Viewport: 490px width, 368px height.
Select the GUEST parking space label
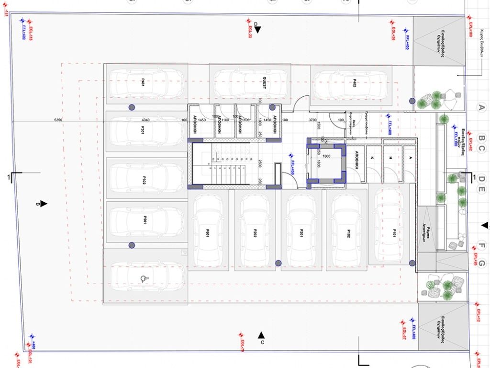(264, 82)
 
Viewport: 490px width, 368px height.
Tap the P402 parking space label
(354, 82)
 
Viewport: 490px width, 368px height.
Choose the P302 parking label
(144, 180)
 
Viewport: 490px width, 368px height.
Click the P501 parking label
(144, 220)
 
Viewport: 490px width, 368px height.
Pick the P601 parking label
(208, 233)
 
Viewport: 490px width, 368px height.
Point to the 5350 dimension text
(58, 119)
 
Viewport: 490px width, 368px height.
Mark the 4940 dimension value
(146, 119)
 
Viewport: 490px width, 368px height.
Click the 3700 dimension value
(313, 119)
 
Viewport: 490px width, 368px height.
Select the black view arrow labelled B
(44, 204)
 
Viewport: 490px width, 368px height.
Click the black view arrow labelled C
(261, 334)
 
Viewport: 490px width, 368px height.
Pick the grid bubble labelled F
(482, 247)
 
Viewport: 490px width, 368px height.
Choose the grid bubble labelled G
(482, 263)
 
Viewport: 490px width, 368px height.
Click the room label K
(372, 157)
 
